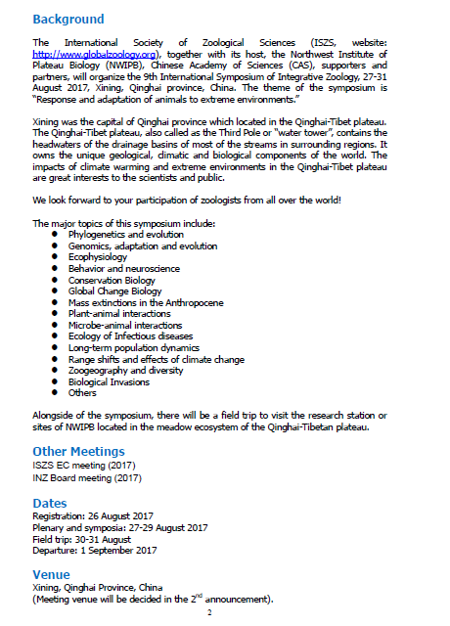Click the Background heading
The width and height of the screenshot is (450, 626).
click(67, 19)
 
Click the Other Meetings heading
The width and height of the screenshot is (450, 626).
click(78, 451)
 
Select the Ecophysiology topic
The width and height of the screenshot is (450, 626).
click(98, 257)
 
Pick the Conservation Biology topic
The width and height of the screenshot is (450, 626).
click(113, 280)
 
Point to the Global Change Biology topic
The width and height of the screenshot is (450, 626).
click(114, 291)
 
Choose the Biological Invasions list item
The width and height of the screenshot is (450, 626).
click(110, 381)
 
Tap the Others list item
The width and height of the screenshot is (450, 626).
click(82, 392)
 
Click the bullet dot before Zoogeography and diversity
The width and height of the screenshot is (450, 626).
click(55, 371)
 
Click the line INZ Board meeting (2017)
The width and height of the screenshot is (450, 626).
click(86, 476)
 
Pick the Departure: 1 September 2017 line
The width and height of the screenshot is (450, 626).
click(95, 551)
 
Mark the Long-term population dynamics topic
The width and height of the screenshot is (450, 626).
click(133, 347)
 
